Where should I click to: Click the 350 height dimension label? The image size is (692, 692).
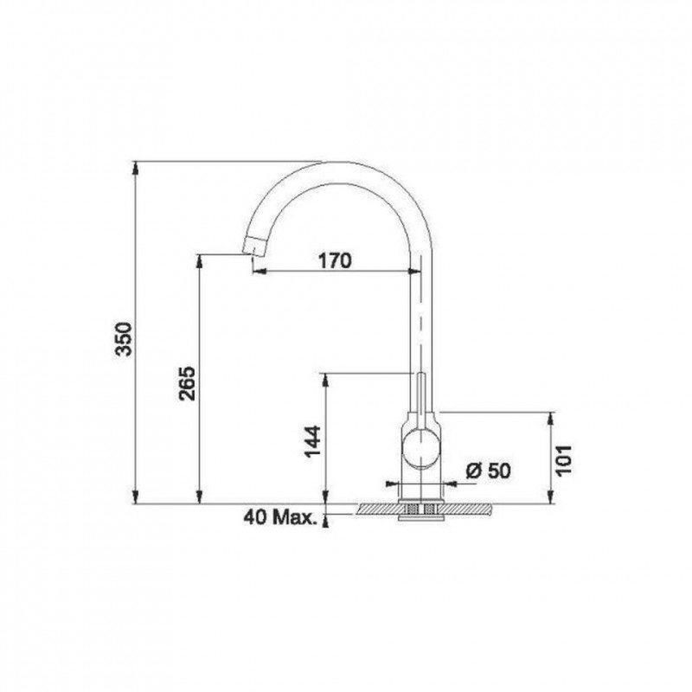123,339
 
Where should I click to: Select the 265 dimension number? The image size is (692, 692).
187,382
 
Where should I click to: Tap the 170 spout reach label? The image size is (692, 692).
335,261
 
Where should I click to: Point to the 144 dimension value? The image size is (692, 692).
312,441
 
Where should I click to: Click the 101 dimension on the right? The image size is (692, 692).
564,460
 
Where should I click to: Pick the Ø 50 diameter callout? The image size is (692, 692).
488,471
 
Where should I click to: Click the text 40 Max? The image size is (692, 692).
280,517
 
